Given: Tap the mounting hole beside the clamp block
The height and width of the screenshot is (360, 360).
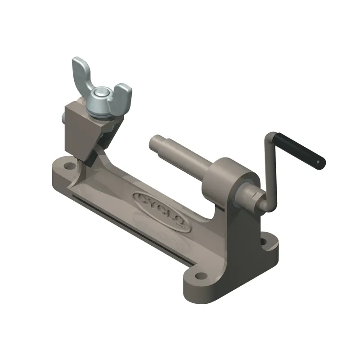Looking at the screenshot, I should pos(68,166).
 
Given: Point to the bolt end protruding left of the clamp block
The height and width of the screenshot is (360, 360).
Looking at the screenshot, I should pos(62,119).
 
